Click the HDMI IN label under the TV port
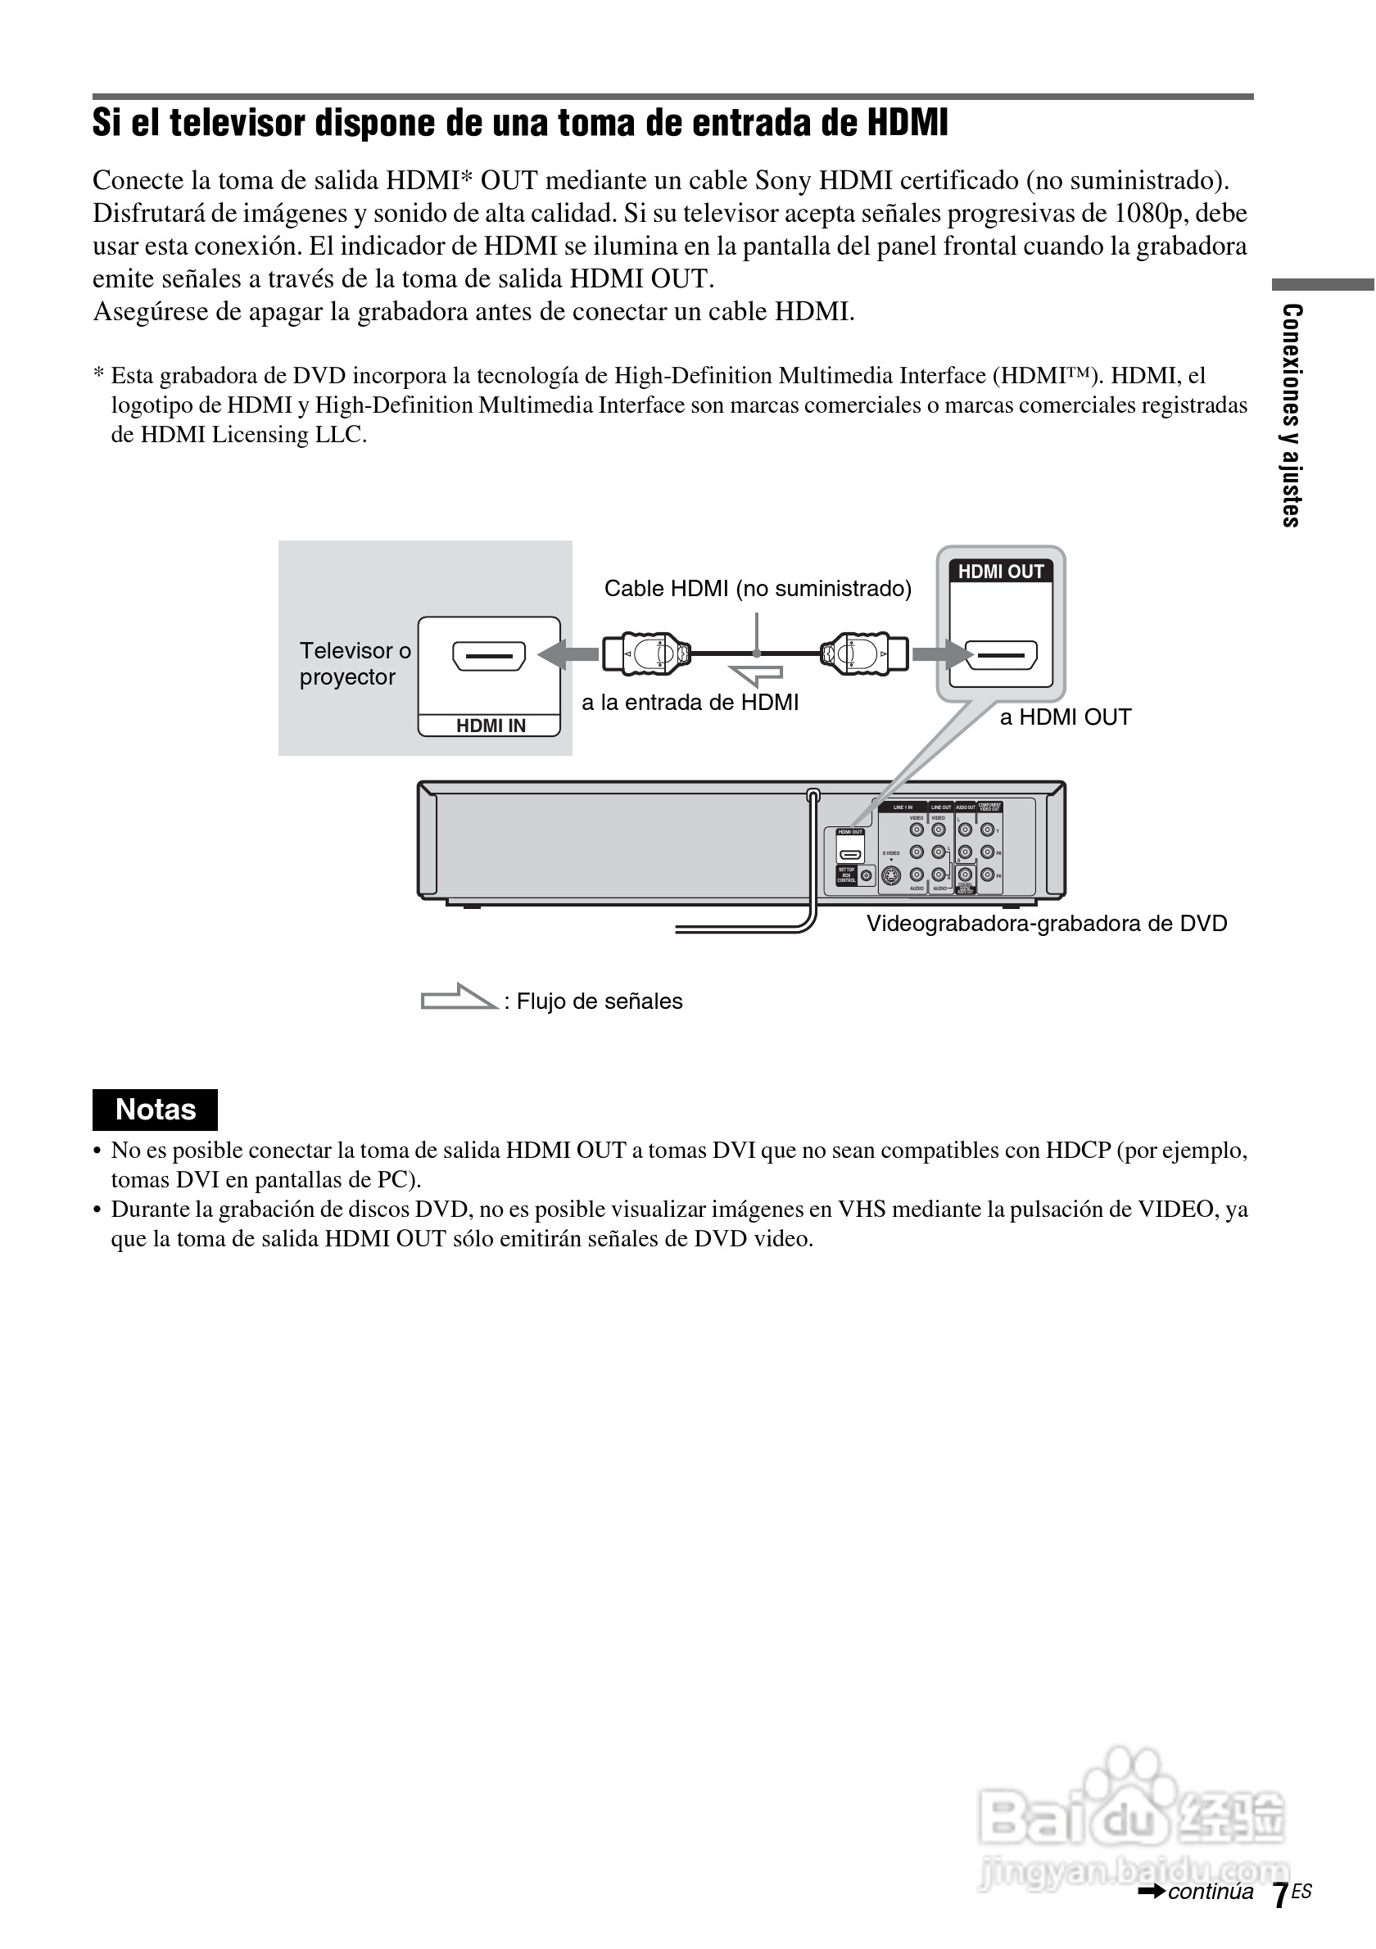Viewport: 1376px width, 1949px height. click(x=491, y=726)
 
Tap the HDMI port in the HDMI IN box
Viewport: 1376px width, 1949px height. click(x=489, y=655)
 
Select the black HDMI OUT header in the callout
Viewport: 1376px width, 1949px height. click(x=1001, y=572)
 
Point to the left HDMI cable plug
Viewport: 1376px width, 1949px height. click(x=646, y=654)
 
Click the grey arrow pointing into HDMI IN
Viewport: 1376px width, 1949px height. click(x=568, y=654)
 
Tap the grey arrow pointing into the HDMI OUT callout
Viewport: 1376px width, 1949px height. click(x=941, y=654)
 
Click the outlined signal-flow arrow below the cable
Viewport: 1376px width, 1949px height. click(x=755, y=675)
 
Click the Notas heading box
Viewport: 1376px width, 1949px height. click(x=156, y=1110)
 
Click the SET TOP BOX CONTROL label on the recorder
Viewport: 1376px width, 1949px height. click(x=846, y=875)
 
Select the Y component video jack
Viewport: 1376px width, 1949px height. click(x=987, y=830)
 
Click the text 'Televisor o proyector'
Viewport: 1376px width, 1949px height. click(x=354, y=664)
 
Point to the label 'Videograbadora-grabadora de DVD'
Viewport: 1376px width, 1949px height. click(x=1047, y=924)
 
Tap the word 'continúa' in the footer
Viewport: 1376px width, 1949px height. click(x=1210, y=1892)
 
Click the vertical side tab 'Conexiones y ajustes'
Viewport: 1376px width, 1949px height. click(x=1291, y=415)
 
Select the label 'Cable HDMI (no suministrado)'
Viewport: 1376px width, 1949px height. click(x=757, y=588)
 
